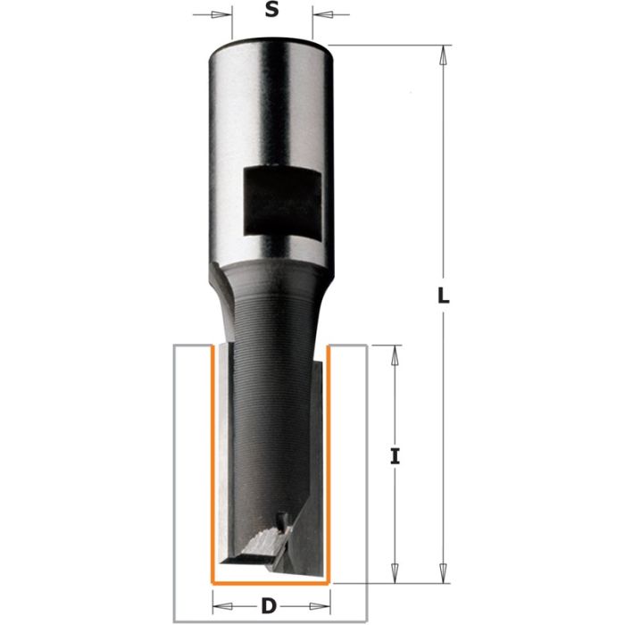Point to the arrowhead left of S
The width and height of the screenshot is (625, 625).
pos(226,15)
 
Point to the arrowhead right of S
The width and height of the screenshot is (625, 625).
pos(319,15)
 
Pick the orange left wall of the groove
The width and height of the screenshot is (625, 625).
pos(211,464)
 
